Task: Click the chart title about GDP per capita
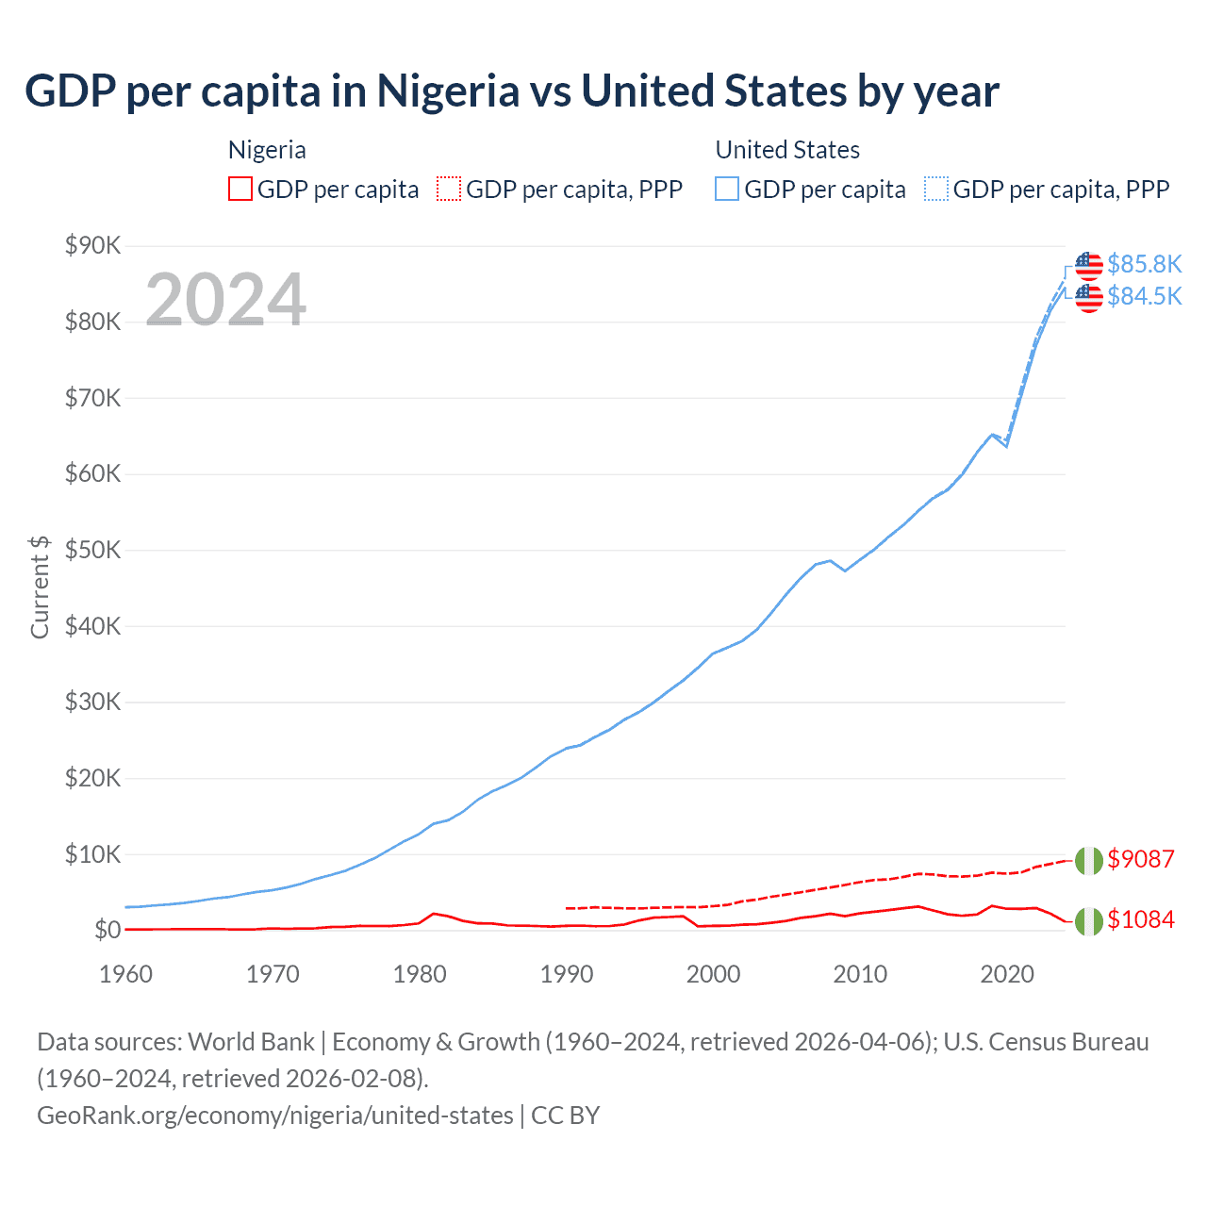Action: click(511, 91)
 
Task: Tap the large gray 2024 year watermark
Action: click(225, 300)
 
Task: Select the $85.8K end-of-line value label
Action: click(1144, 264)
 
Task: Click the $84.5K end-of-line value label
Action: click(1144, 296)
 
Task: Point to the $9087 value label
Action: click(1140, 859)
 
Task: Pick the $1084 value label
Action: click(1140, 919)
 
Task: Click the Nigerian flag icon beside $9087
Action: click(1088, 860)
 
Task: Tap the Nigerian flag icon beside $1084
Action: click(1088, 920)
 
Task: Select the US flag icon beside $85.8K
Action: click(1088, 265)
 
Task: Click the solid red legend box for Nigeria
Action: click(240, 190)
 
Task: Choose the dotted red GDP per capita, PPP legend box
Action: click(449, 190)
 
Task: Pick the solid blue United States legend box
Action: click(727, 190)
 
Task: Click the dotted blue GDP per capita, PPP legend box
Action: click(936, 190)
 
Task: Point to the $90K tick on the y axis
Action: click(92, 246)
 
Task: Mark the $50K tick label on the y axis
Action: click(92, 551)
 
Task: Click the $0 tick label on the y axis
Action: click(107, 931)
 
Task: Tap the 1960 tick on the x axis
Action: click(125, 974)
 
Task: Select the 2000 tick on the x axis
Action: click(713, 974)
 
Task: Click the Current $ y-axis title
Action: click(40, 587)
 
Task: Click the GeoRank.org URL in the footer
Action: click(274, 1116)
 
